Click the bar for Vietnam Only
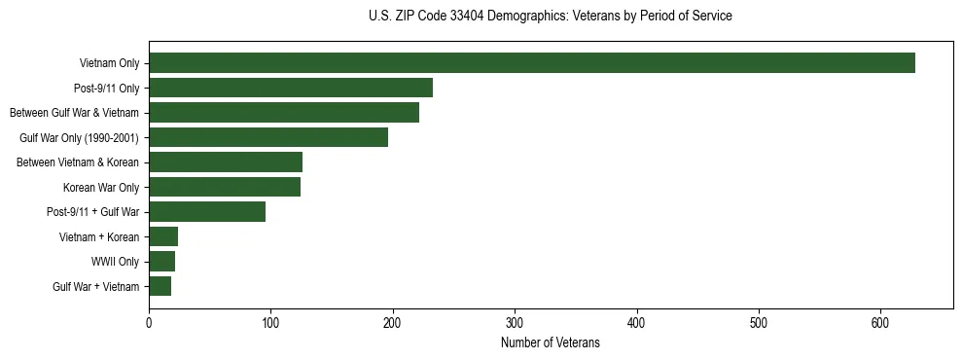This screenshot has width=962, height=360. tap(531, 63)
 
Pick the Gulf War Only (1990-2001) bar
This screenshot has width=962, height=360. tap(268, 137)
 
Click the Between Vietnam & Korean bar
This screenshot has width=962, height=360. tap(226, 162)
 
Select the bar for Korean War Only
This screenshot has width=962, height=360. tap(225, 187)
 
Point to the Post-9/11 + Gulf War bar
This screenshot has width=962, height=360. tap(207, 211)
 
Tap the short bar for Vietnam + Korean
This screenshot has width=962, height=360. tap(163, 236)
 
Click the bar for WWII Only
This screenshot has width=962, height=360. tap(161, 261)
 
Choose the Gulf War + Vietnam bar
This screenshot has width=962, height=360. tap(160, 286)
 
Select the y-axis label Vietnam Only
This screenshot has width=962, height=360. tap(109, 64)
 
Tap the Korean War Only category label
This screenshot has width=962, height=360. tap(101, 188)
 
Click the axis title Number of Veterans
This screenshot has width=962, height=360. tap(550, 342)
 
